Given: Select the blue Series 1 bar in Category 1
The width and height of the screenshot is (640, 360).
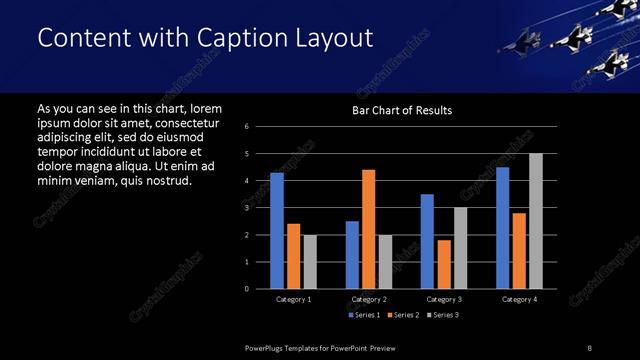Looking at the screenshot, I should pos(277,231).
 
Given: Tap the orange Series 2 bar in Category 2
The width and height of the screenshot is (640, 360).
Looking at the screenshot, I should pos(368,229).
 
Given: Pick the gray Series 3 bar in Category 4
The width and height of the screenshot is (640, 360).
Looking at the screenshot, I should pos(536,221).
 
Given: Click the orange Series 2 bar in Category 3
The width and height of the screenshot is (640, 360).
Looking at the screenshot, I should pos(444,264).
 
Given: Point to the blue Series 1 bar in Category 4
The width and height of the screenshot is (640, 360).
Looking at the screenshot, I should pos(502,228).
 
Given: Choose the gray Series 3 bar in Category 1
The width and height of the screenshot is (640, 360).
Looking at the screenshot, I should pos(310,262).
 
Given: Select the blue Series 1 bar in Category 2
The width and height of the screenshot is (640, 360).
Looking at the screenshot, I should pos(352,255).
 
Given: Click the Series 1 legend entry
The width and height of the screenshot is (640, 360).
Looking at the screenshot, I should pos(363,316).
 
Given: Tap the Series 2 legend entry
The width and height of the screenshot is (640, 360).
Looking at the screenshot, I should pos(403,316).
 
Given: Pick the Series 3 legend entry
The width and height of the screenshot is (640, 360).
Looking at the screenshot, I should pos(443,316).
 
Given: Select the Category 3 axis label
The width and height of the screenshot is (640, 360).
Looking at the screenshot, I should pos(443,299).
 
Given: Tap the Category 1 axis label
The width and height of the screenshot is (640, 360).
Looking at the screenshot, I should pos(293,299).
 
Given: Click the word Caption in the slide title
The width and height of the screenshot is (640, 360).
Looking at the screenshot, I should pos(240,38).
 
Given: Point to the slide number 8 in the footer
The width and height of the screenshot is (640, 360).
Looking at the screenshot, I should pos(591,346).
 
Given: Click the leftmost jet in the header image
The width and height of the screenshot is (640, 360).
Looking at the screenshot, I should pos(520,42).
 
